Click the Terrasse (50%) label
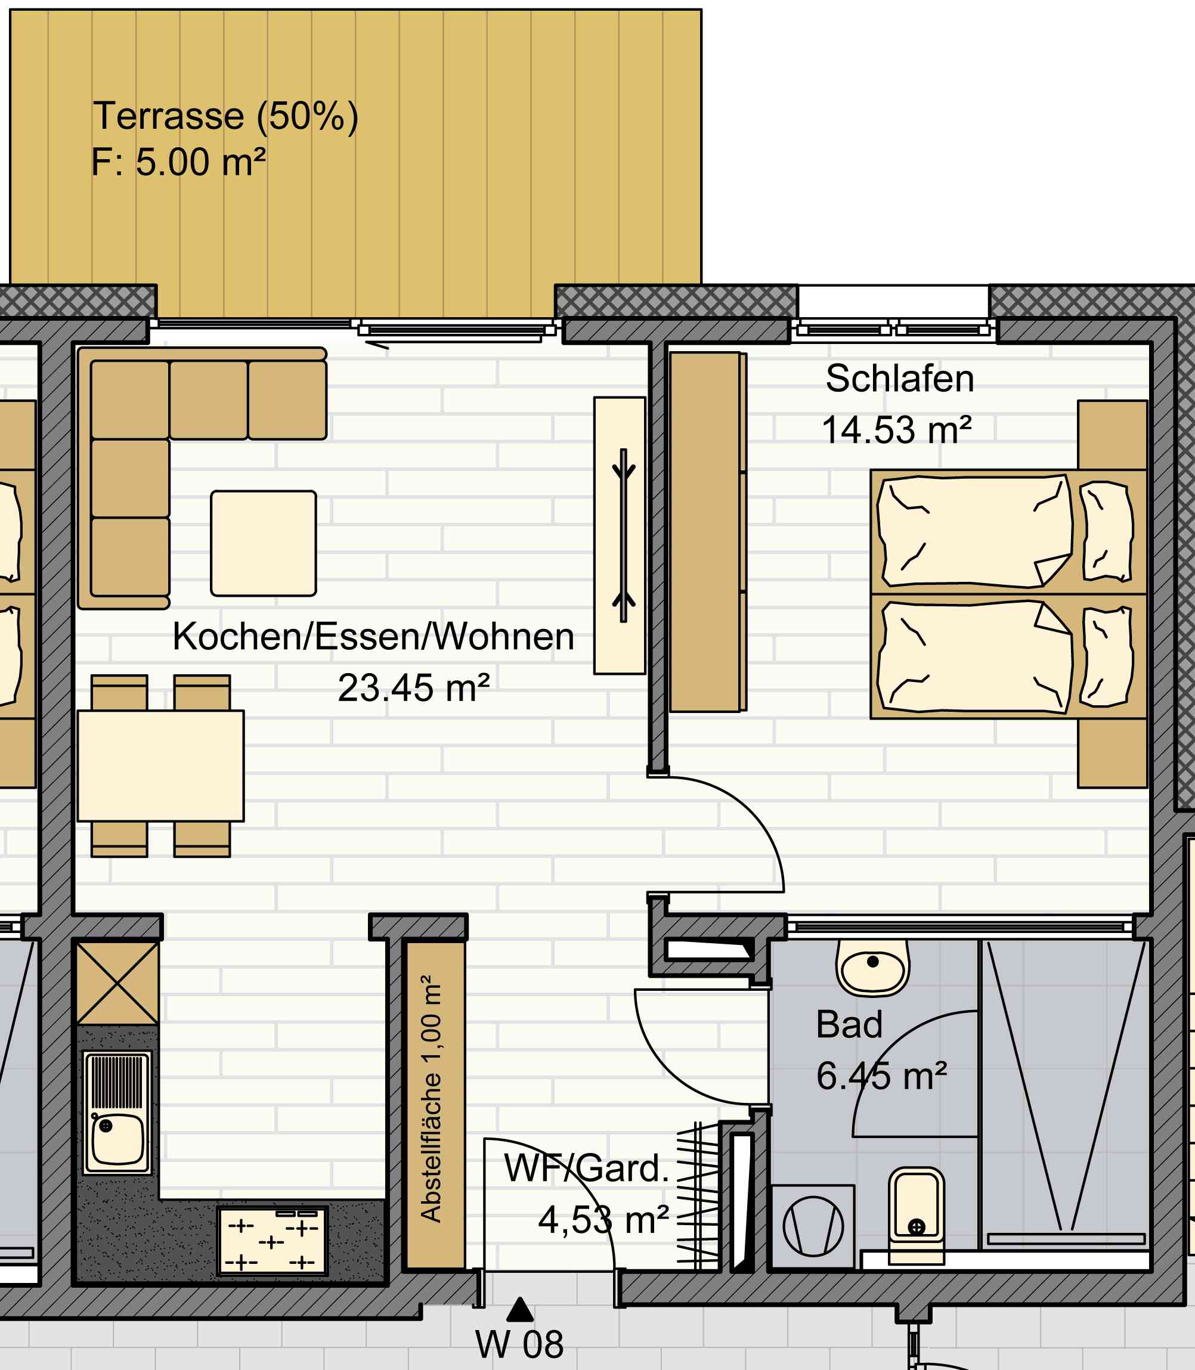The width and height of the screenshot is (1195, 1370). pos(225,116)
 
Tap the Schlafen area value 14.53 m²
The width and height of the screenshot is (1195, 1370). pos(896,430)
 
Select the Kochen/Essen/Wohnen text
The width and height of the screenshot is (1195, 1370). pos(373,637)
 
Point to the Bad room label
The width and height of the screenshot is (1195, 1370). pos(849,1024)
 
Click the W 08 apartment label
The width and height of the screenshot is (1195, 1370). pos(519,1344)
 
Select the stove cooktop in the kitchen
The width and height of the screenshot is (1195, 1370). pos(272,1241)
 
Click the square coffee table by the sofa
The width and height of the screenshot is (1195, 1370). pos(264,543)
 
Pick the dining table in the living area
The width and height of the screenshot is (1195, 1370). pos(161,765)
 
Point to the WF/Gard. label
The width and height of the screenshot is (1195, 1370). pos(587,1168)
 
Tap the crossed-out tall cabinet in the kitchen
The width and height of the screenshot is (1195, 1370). pos(118,982)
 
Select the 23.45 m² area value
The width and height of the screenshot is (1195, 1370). pos(413,689)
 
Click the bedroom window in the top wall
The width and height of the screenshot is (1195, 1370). pos(893,328)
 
